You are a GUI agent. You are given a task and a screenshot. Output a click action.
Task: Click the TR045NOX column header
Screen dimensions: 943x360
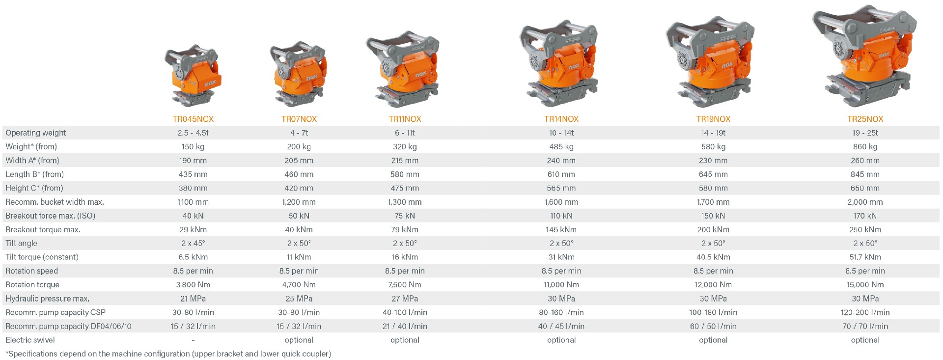[x=193, y=119]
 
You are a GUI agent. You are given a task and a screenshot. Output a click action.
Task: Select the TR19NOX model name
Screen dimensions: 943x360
[x=713, y=119]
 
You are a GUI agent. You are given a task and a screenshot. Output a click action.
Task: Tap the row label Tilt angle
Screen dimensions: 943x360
[x=21, y=243]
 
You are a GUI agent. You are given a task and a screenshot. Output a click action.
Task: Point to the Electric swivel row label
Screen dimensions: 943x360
[x=30, y=340]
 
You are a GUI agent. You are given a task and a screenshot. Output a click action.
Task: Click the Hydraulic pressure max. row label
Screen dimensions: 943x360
[x=47, y=299]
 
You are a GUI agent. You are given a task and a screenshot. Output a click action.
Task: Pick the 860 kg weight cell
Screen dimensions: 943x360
[x=865, y=146]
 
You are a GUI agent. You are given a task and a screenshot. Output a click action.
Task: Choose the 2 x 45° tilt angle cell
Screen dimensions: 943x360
[x=193, y=243]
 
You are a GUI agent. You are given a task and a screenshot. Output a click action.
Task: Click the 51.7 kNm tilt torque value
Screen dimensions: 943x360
[x=865, y=257]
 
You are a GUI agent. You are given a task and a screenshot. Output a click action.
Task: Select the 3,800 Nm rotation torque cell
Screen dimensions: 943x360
[x=193, y=284]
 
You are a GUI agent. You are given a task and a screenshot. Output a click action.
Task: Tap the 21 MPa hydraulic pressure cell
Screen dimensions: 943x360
[x=193, y=299]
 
